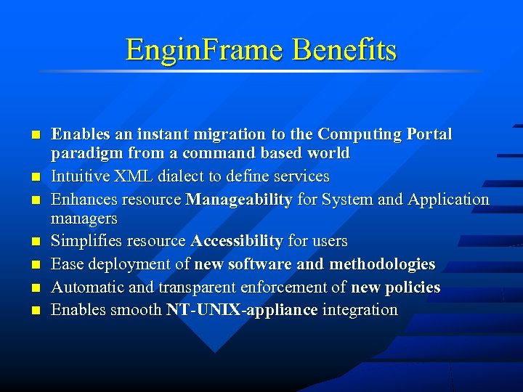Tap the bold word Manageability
click(x=239, y=199)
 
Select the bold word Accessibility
click(x=237, y=240)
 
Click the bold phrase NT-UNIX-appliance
click(x=242, y=310)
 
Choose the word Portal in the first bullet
click(x=429, y=134)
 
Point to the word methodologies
click(x=382, y=264)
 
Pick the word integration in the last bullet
click(x=360, y=310)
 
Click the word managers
click(x=84, y=218)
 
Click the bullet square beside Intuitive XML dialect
click(x=34, y=177)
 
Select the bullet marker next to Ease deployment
click(x=34, y=265)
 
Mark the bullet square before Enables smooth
click(x=34, y=311)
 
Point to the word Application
click(x=449, y=199)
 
